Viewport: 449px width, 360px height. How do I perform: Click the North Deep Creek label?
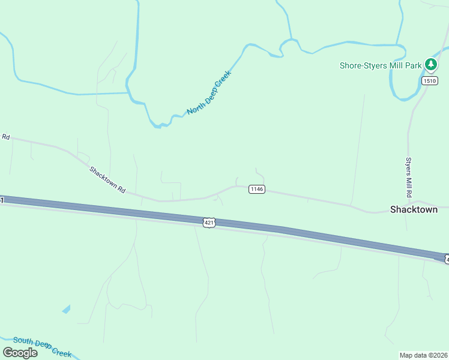click(x=209, y=92)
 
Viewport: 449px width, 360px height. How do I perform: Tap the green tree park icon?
click(x=430, y=64)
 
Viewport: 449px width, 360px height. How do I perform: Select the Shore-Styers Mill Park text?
click(x=381, y=65)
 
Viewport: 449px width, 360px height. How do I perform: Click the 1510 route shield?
click(x=429, y=80)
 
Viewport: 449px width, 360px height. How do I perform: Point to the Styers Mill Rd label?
click(x=408, y=178)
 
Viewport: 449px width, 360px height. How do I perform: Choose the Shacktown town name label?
click(x=419, y=209)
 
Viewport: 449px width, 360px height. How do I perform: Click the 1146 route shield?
click(x=256, y=189)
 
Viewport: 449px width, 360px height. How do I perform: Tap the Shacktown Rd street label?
click(x=107, y=179)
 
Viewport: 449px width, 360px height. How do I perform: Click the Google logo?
click(x=20, y=352)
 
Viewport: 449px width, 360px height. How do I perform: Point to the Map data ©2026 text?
click(x=423, y=355)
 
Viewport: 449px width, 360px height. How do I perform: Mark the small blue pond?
click(x=65, y=310)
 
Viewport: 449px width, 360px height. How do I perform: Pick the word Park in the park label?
click(x=413, y=65)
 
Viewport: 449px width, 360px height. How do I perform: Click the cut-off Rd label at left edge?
click(x=5, y=137)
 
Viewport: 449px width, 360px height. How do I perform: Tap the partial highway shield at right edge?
click(x=446, y=259)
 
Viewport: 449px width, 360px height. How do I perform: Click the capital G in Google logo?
click(x=8, y=352)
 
